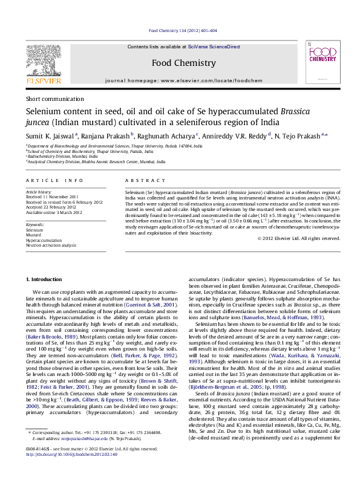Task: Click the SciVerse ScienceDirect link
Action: coord(214,47)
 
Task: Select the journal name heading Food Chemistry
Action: coord(183,63)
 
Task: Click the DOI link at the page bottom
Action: coord(64,471)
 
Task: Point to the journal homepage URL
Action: coord(183,80)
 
